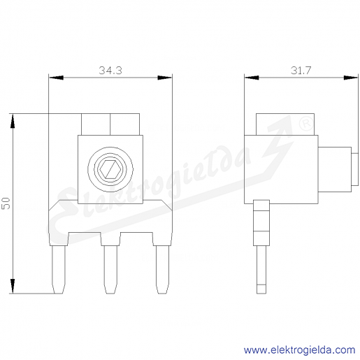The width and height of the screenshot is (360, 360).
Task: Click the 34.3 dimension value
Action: (110, 70)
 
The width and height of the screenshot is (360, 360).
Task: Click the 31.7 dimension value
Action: (301, 70)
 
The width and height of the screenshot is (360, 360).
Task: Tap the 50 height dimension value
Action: (6, 203)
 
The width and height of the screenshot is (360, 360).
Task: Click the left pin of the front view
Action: (58, 269)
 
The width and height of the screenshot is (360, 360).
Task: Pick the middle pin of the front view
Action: (110, 269)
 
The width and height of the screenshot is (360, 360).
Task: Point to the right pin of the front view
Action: (162, 269)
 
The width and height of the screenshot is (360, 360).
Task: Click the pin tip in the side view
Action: (261, 289)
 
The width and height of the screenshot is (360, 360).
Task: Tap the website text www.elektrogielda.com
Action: (299, 350)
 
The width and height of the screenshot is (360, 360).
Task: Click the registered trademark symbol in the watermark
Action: (306, 124)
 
